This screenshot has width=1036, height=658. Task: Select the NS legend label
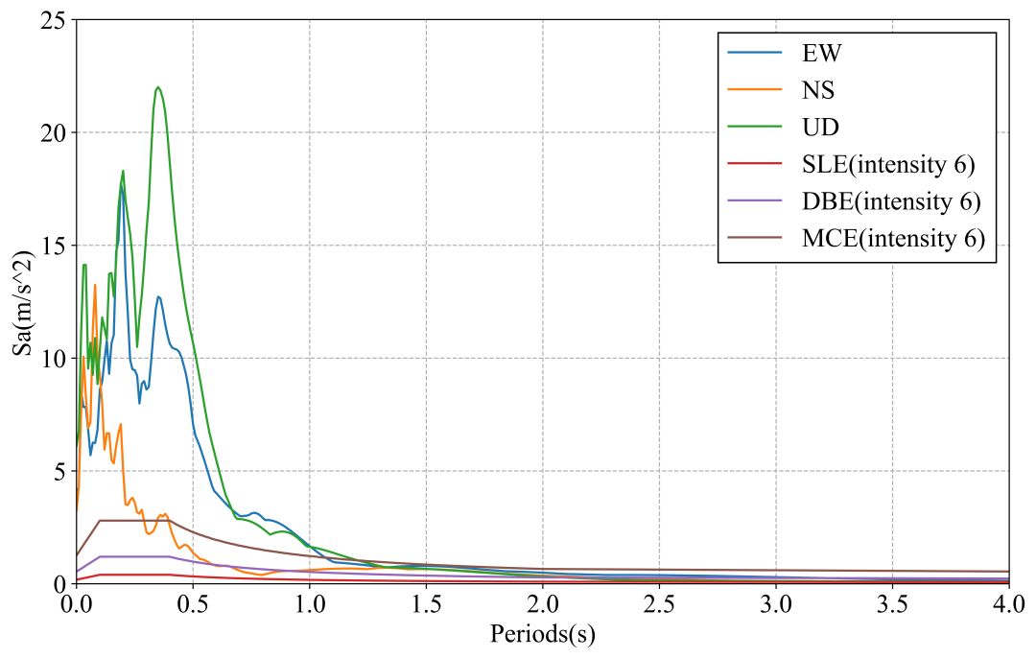(x=818, y=91)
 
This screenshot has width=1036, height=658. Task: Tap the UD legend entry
(x=821, y=128)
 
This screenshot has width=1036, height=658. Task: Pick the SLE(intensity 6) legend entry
(x=888, y=164)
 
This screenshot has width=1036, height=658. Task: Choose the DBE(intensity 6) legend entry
(x=891, y=201)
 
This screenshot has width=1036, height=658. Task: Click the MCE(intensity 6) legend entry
(x=893, y=238)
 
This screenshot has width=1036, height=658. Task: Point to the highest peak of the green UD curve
(x=157, y=87)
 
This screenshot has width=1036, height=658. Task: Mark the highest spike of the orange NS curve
(x=95, y=285)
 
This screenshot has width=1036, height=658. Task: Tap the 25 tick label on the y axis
(x=53, y=20)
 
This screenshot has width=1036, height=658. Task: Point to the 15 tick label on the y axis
(x=53, y=246)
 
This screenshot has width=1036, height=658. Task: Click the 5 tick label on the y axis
(x=59, y=471)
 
